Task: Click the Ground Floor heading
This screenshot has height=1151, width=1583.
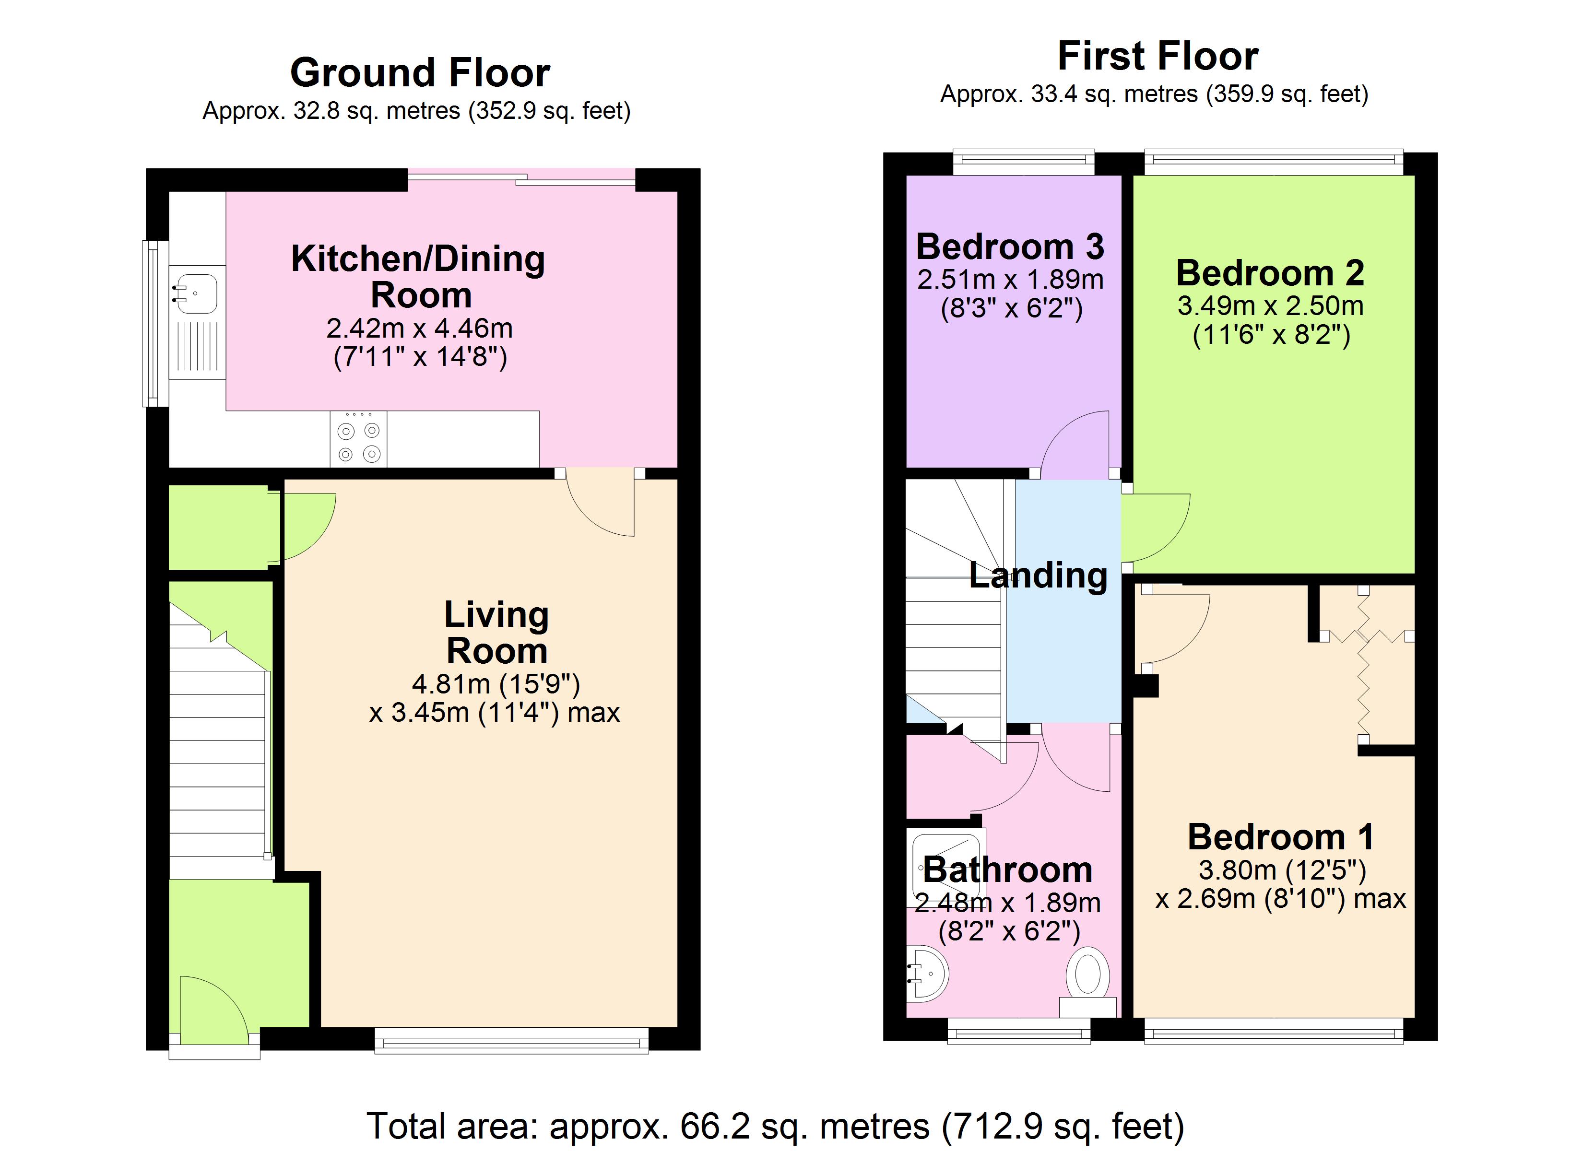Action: (420, 72)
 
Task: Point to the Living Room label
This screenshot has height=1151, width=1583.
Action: (496, 633)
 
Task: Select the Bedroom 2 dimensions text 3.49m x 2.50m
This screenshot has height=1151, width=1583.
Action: (1270, 305)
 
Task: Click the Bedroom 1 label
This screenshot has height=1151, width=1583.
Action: (1281, 837)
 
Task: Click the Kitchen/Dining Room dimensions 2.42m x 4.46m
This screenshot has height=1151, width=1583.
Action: (419, 328)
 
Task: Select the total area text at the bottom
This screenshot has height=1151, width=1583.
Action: (776, 1126)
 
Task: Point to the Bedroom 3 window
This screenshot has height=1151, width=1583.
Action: (1024, 163)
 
